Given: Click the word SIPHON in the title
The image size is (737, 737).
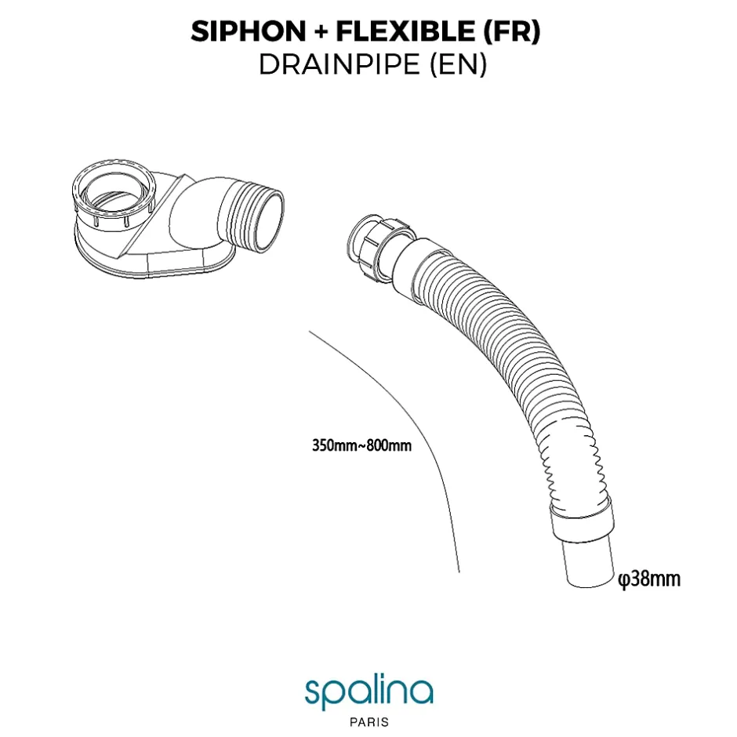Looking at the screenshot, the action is click(x=249, y=31).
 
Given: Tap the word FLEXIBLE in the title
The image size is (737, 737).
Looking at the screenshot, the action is click(x=405, y=31).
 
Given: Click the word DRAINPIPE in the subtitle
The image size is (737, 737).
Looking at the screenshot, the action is click(x=339, y=64).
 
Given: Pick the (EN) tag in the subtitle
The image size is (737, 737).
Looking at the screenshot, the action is click(x=459, y=65).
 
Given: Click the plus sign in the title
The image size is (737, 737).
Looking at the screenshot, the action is click(x=321, y=32).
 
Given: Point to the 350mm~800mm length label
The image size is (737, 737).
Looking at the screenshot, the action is click(x=361, y=445).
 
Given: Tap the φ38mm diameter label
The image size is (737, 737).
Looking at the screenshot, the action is click(x=649, y=579).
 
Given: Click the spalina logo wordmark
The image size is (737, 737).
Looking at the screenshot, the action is click(x=368, y=691).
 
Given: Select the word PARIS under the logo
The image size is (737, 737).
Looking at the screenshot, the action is click(x=369, y=721).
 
